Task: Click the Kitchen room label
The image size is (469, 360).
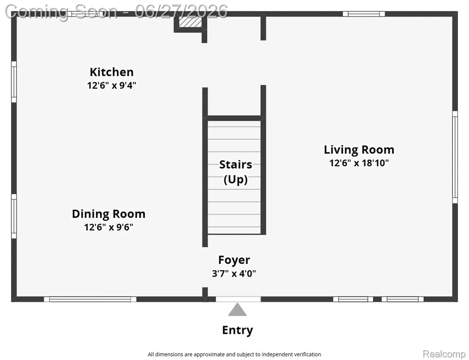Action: click(112, 72)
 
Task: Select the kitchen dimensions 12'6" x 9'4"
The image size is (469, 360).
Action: click(112, 86)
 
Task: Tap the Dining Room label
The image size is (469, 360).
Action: click(109, 214)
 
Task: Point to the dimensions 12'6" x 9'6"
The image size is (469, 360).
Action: click(109, 227)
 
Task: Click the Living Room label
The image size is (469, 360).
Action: click(359, 149)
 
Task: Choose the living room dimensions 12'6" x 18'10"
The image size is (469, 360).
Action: click(359, 163)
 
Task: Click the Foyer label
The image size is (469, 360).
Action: click(234, 260)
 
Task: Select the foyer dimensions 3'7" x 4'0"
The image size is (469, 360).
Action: click(234, 273)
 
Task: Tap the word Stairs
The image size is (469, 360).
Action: click(235, 164)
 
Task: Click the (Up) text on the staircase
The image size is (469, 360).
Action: click(235, 180)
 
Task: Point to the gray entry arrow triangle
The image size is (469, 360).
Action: click(238, 310)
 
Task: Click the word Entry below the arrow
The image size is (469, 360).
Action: click(238, 330)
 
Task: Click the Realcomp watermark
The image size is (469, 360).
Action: click(444, 354)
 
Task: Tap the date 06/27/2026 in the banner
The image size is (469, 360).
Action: click(181, 11)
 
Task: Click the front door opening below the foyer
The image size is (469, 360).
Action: click(238, 299)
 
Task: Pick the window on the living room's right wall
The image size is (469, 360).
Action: click(455, 157)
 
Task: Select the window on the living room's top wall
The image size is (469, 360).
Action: click(363, 14)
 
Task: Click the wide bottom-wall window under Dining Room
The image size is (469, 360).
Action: click(90, 299)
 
